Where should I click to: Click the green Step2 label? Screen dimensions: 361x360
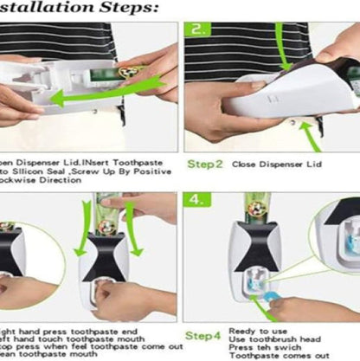(205, 162)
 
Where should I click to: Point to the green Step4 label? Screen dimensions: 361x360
(205, 334)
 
